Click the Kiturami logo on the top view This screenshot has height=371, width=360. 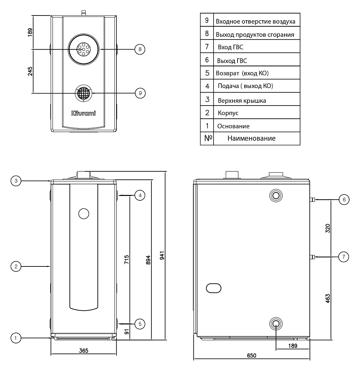click(84, 113)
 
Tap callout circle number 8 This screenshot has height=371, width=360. click(140, 49)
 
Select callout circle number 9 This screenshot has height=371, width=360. click(140, 93)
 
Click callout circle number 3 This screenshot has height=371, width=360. click(16, 181)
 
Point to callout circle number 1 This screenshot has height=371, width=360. click(16, 338)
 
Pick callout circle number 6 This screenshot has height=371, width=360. click(344, 199)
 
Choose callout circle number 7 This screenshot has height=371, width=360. click(344, 257)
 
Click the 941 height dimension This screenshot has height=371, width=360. click(162, 256)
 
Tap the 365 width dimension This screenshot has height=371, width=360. click(84, 350)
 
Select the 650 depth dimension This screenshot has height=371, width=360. click(251, 355)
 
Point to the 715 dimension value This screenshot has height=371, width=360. click(127, 259)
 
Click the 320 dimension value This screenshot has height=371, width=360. click(328, 228)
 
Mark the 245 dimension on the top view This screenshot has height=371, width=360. click(30, 71)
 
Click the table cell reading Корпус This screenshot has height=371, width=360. click(228, 113)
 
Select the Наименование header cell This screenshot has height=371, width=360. click(251, 138)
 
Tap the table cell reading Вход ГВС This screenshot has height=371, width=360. click(230, 47)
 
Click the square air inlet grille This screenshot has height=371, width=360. click(84, 93)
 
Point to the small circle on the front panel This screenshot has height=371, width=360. click(84, 213)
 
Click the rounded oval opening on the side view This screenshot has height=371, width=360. click(214, 288)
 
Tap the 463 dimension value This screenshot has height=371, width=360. click(328, 298)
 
